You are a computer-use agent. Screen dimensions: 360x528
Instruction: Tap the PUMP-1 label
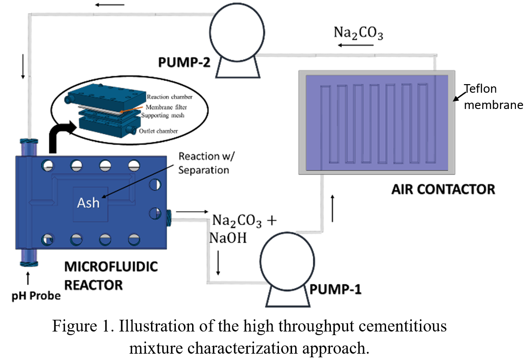[335, 289]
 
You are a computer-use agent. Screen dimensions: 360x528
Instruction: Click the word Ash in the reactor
[88, 202]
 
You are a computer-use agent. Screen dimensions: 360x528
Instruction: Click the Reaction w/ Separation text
[204, 163]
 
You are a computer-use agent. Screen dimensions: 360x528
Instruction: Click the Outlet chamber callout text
[165, 131]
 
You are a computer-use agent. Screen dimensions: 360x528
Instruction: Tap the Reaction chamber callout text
[169, 98]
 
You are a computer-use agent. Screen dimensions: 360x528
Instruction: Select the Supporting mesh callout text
[166, 115]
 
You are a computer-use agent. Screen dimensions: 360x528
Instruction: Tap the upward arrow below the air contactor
[333, 208]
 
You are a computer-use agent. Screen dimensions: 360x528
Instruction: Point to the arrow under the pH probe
[28, 278]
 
